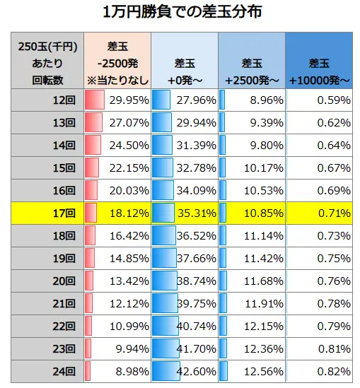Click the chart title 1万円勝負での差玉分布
[x=180, y=13]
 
